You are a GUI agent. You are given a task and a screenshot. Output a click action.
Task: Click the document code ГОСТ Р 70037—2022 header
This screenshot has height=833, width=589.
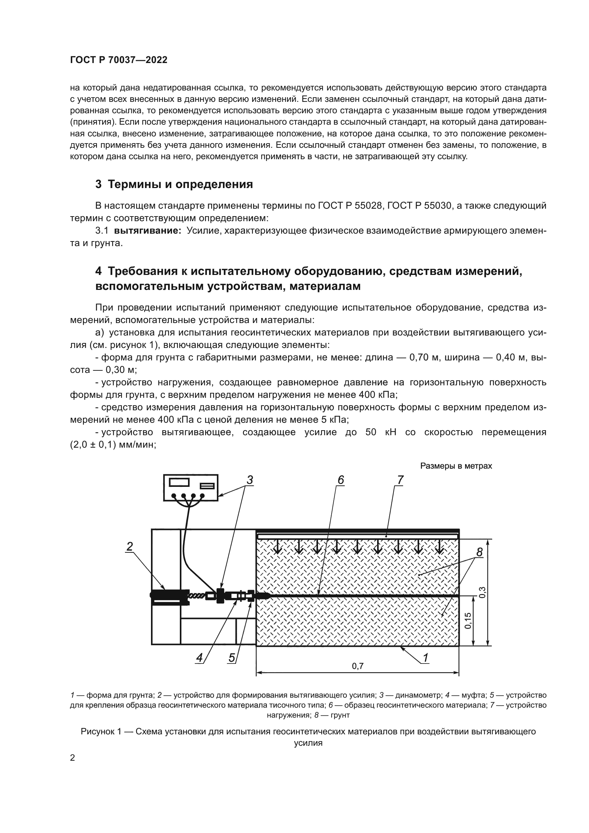click(x=119, y=60)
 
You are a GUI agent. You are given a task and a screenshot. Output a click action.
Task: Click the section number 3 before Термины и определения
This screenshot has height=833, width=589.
click(x=99, y=184)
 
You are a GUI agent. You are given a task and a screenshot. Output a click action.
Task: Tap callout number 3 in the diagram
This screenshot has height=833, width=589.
click(x=250, y=480)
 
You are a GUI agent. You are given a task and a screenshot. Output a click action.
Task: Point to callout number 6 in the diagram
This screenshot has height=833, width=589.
click(x=340, y=480)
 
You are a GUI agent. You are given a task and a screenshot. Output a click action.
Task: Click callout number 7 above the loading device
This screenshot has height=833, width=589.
click(x=400, y=480)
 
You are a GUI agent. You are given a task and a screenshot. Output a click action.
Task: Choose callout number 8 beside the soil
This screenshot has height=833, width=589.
click(x=479, y=552)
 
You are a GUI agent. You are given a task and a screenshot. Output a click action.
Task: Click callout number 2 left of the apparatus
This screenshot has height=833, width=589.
click(x=130, y=546)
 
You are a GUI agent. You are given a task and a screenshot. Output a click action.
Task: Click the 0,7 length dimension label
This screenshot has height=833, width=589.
click(x=358, y=666)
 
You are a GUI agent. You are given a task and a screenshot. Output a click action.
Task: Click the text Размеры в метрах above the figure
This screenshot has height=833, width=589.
click(x=456, y=466)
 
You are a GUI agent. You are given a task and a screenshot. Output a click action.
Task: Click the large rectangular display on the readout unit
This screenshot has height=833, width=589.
click(x=179, y=482)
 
